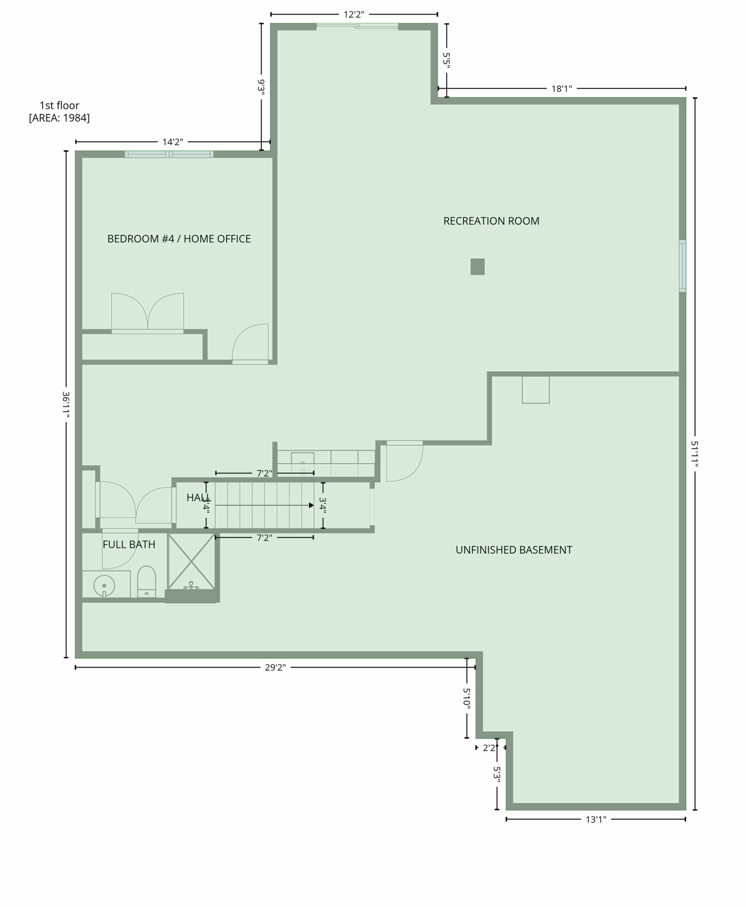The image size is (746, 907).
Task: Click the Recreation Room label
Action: (x=491, y=221)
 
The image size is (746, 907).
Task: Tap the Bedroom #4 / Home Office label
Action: (x=179, y=239)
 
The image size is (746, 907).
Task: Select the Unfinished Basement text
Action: (x=514, y=550)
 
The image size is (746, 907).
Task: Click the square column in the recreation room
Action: (x=477, y=266)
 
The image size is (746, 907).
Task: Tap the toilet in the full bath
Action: (x=146, y=582)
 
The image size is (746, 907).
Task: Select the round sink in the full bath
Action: (x=104, y=586)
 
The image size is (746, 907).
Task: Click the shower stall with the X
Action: (x=191, y=562)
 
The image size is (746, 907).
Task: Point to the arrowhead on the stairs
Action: (x=312, y=505)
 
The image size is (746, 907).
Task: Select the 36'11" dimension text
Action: (x=66, y=404)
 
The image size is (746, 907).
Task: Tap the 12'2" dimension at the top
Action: (x=354, y=15)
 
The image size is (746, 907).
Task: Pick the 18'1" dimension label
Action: (x=562, y=89)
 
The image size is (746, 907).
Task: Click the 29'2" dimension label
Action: (x=275, y=667)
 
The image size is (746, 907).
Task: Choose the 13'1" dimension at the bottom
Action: (x=596, y=819)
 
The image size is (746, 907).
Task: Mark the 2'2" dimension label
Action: (x=490, y=748)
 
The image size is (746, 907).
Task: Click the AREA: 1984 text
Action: (x=59, y=118)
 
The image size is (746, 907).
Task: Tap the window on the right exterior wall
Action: (x=683, y=266)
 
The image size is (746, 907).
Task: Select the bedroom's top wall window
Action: (x=169, y=154)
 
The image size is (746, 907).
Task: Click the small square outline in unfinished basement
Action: (x=535, y=390)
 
